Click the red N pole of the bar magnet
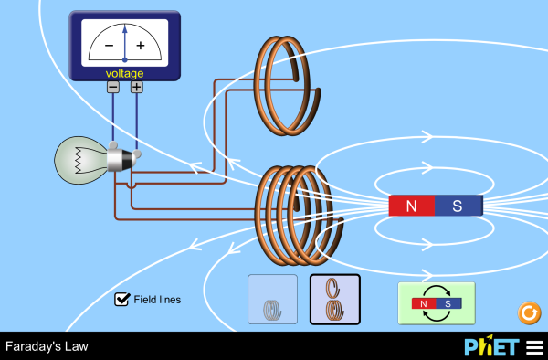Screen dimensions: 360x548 pos(411,206)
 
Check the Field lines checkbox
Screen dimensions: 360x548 pos(121,299)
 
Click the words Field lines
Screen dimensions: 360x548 pos(157,299)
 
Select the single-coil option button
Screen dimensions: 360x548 pos(272,300)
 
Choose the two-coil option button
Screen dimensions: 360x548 pos(334,300)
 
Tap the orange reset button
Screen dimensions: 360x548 pos(529,313)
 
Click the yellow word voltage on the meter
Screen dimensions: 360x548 pos(124,73)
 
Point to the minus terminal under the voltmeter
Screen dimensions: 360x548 pos(112,87)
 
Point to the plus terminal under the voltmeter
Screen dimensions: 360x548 pos(136,87)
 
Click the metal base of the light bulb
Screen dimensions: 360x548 pos(120,161)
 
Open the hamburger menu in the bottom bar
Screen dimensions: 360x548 pos(533,347)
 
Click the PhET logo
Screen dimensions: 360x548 pos(490,347)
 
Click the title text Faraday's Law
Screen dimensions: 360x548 pos(46,347)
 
